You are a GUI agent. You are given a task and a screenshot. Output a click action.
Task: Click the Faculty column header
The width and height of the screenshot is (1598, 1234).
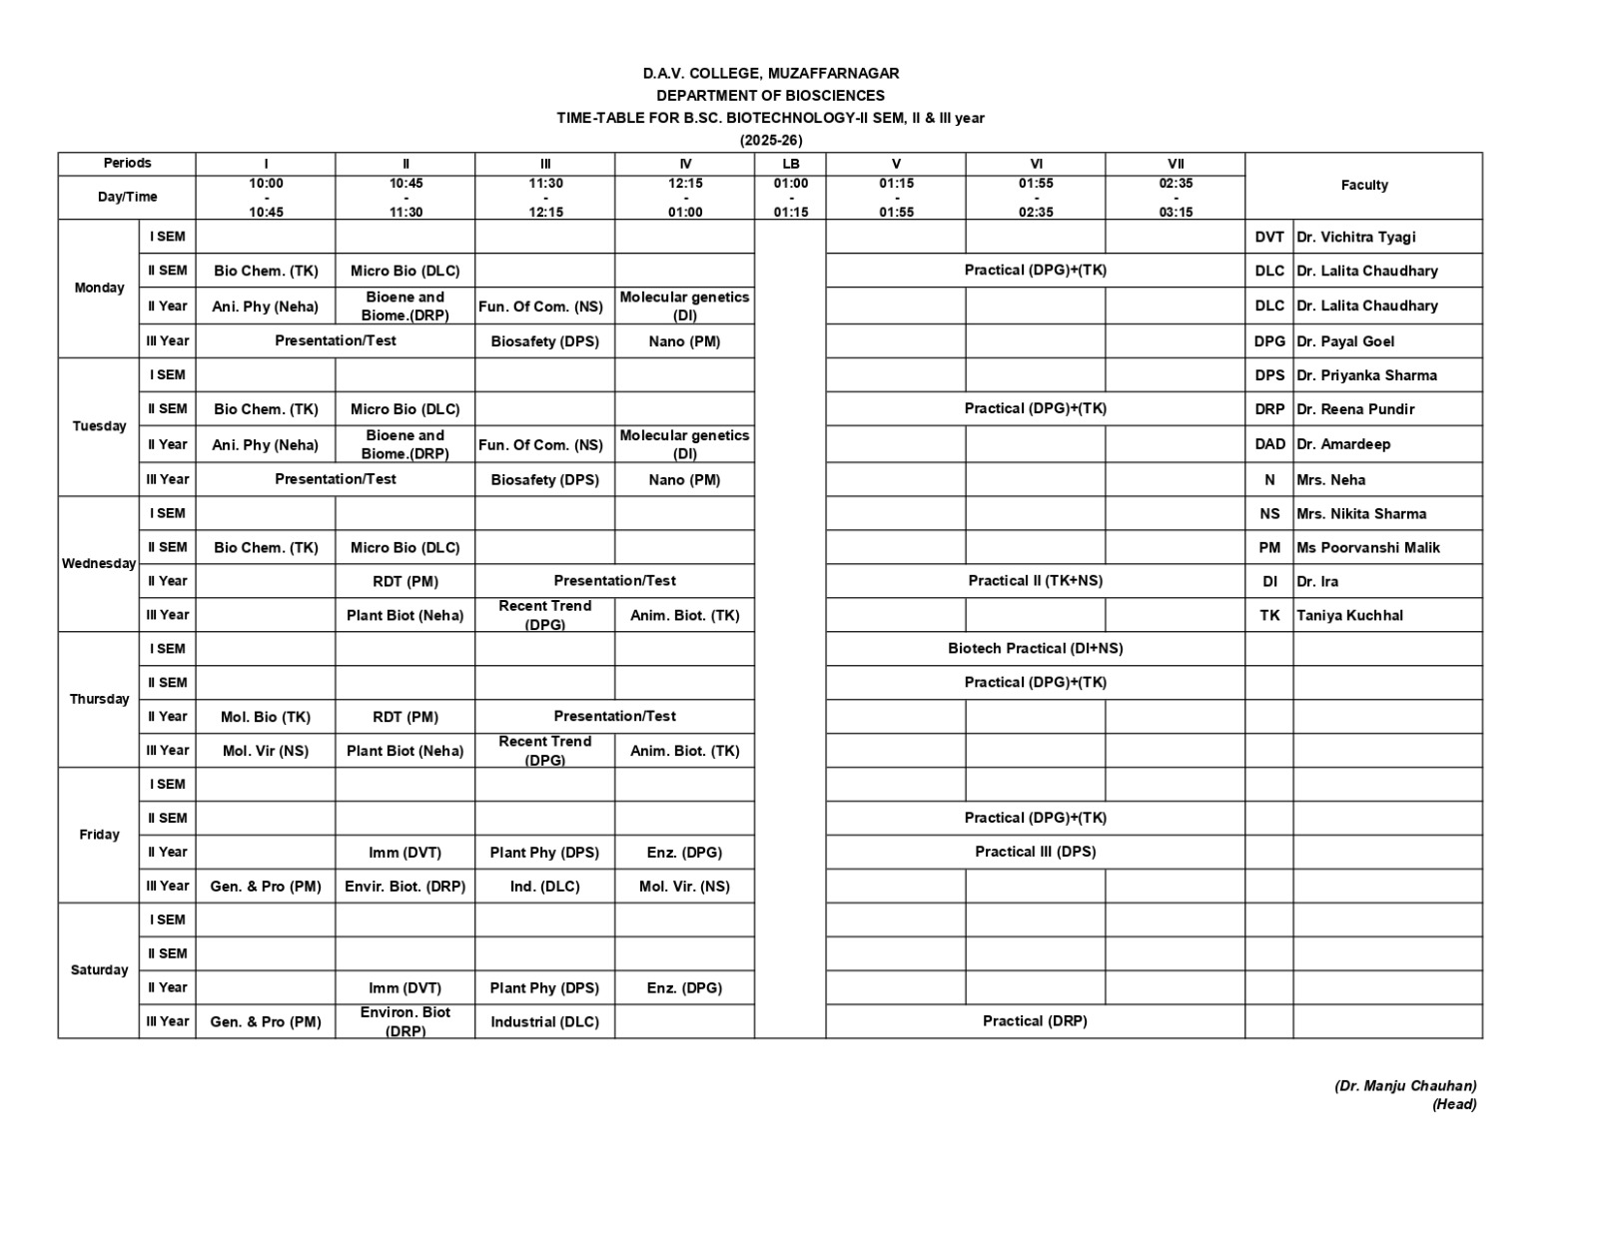tap(1363, 185)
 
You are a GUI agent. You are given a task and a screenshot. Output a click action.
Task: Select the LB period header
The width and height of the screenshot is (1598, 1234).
tap(790, 164)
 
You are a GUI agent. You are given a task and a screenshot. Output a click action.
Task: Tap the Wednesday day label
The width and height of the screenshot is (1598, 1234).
tap(98, 563)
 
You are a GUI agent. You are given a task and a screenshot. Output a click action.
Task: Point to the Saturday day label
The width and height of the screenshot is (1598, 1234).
tap(98, 969)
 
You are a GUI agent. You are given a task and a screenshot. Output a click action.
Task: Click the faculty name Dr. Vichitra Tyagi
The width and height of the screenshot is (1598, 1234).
tap(1355, 237)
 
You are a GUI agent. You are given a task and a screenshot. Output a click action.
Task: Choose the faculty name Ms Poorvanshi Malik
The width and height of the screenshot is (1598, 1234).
tap(1367, 547)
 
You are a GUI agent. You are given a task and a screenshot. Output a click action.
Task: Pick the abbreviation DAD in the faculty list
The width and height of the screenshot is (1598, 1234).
tap(1269, 444)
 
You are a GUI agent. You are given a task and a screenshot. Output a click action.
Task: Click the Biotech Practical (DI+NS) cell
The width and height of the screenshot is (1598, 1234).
tap(1035, 648)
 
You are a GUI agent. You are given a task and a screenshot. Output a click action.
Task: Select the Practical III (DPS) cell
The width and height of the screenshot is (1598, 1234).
tap(1035, 852)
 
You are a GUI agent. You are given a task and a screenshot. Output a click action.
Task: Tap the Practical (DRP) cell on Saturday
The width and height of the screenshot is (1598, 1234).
tap(1035, 1020)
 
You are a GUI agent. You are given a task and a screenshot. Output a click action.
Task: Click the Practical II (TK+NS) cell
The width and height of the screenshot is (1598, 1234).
tap(1035, 580)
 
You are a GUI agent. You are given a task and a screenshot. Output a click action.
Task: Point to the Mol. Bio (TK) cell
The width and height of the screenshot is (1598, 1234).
tap(266, 716)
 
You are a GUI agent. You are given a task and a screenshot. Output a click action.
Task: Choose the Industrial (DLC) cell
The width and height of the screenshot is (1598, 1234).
tap(544, 1021)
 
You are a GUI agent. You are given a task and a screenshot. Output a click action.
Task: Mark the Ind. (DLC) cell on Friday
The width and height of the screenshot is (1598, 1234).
tap(544, 886)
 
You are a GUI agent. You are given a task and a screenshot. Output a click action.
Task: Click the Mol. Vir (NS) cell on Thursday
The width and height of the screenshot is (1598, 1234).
tap(266, 750)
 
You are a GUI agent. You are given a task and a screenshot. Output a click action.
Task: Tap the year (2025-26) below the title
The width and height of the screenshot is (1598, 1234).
tap(770, 140)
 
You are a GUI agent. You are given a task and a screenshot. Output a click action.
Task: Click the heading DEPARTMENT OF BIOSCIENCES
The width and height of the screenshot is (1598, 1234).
tap(770, 96)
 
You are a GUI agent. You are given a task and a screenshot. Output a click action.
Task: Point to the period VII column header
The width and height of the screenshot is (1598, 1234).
tap(1176, 164)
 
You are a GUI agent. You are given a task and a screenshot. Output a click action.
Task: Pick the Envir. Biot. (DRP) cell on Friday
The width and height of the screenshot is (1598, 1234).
tap(404, 886)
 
